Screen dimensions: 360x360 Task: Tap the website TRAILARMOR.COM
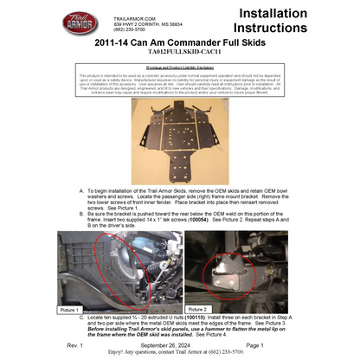coord(130,16)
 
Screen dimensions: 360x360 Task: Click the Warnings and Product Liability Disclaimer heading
coord(180,67)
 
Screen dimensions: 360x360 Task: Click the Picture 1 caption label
coord(70,309)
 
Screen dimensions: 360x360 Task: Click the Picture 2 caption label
coord(198,309)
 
